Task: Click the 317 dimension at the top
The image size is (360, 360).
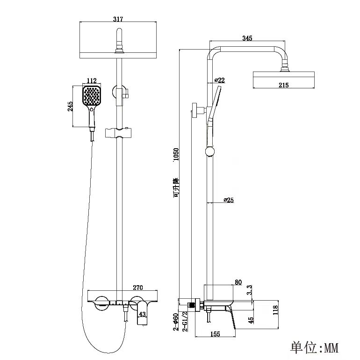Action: coord(118,19)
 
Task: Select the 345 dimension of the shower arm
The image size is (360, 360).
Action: coord(248,38)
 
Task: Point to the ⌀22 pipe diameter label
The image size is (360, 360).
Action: coord(220,80)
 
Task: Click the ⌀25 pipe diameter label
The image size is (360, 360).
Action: coord(229,200)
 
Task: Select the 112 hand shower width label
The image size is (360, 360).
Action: coord(92,81)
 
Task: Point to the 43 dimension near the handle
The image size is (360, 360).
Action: coord(143,315)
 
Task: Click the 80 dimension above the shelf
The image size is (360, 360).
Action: coord(238,282)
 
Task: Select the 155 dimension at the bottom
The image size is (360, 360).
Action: coord(216,334)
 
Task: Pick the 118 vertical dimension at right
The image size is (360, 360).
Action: coord(275,310)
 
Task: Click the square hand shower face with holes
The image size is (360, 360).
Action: coord(92,97)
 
